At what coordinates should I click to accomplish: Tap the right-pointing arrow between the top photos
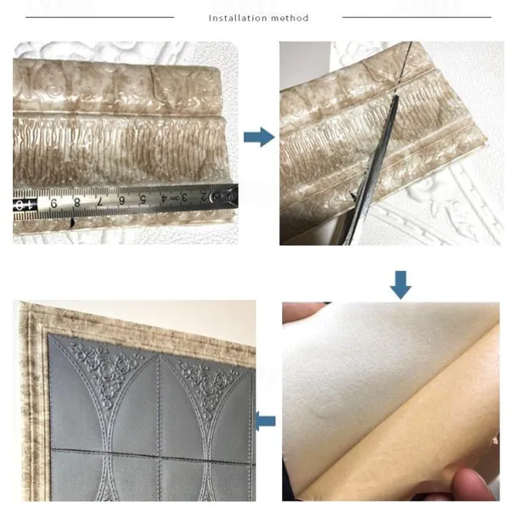coord(259,137)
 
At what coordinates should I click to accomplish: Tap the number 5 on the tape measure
coord(143,200)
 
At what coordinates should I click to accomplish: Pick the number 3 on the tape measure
coord(181,199)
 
